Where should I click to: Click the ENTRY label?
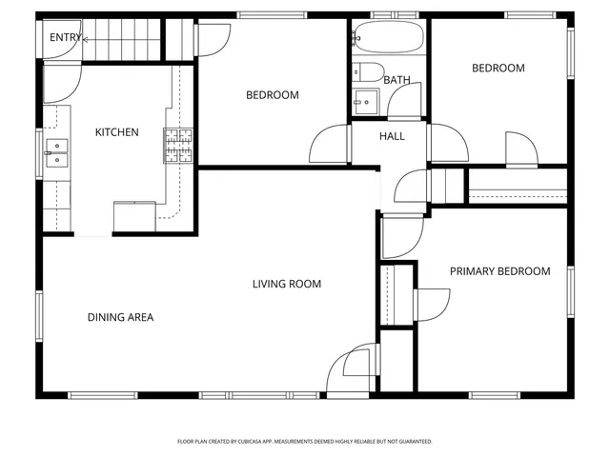[x=66, y=38]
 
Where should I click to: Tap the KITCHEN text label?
[x=116, y=132]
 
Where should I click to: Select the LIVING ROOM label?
[x=286, y=284]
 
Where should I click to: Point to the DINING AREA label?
[x=120, y=317]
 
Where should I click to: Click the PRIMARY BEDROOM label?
[x=499, y=271]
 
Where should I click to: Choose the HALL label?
[x=392, y=136]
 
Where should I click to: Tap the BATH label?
[x=396, y=80]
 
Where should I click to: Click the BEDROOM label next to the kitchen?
[x=272, y=95]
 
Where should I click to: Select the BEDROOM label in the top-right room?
[x=498, y=69]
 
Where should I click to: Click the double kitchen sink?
[x=56, y=153]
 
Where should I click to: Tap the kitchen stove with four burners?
[x=178, y=146]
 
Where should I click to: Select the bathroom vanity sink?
[x=363, y=98]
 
